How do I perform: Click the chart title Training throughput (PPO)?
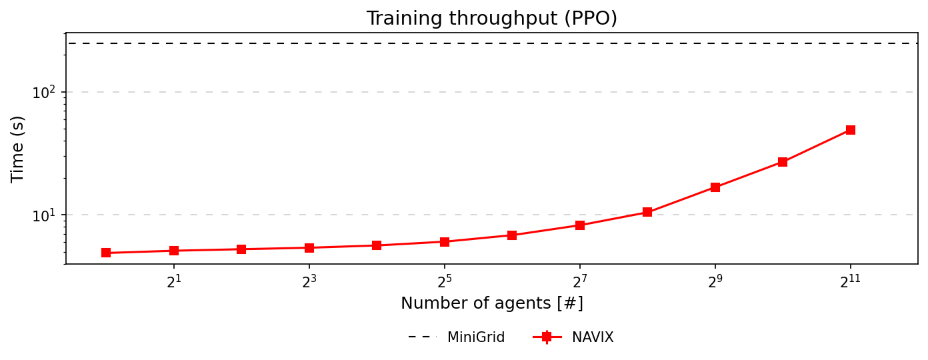coord(492,19)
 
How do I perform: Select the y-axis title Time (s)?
coord(18,149)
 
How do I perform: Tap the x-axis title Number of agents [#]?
coord(492,304)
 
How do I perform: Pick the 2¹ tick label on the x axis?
coord(174,282)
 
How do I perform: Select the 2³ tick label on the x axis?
coord(309,282)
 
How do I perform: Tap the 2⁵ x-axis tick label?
coord(445,282)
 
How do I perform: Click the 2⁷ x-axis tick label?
coord(580,282)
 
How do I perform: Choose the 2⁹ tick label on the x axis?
coord(715,282)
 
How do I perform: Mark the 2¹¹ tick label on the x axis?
coord(850,282)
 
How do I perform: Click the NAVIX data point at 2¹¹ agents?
coord(851,130)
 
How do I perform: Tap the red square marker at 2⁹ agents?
coord(715,187)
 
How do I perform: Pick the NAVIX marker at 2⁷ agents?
coord(580,225)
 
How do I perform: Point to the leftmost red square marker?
coord(106,253)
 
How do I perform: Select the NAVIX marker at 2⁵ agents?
coord(445,242)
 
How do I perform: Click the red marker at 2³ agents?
coord(309,248)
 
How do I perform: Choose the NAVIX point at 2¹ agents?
coord(174,251)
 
